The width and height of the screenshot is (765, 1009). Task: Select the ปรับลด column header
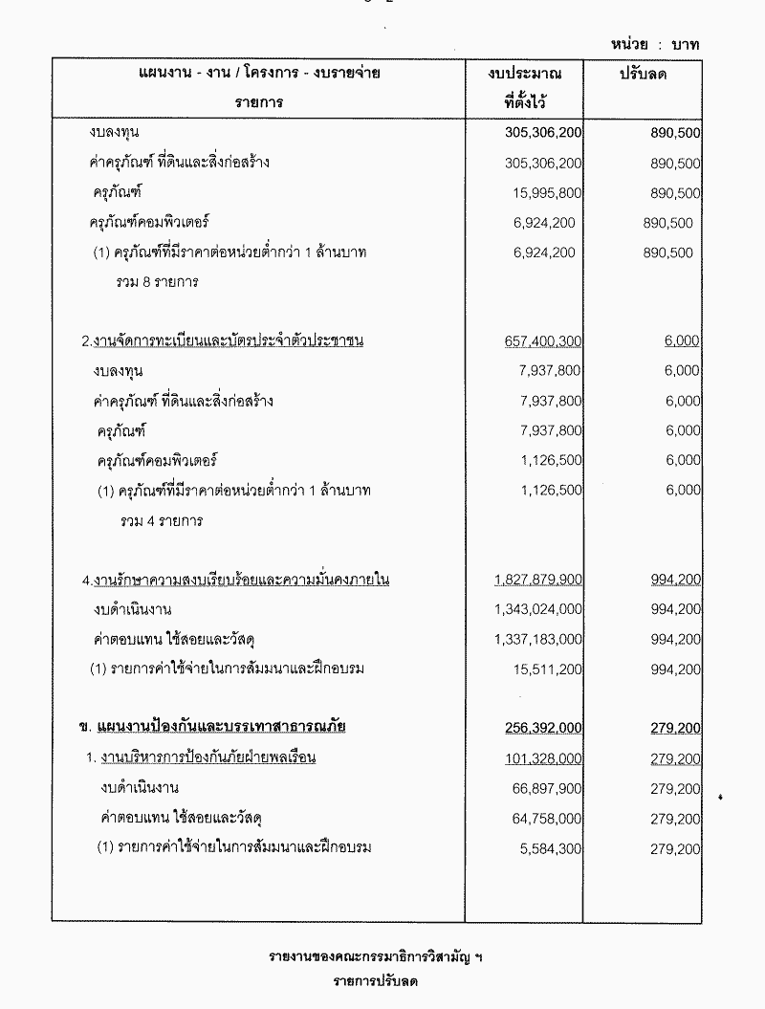pyautogui.click(x=643, y=75)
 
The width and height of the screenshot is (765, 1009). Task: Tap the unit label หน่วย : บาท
pyautogui.click(x=659, y=45)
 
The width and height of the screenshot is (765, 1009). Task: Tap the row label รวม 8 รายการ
pyautogui.click(x=158, y=283)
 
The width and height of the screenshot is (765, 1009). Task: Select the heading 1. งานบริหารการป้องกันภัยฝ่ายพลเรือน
pyautogui.click(x=200, y=758)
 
